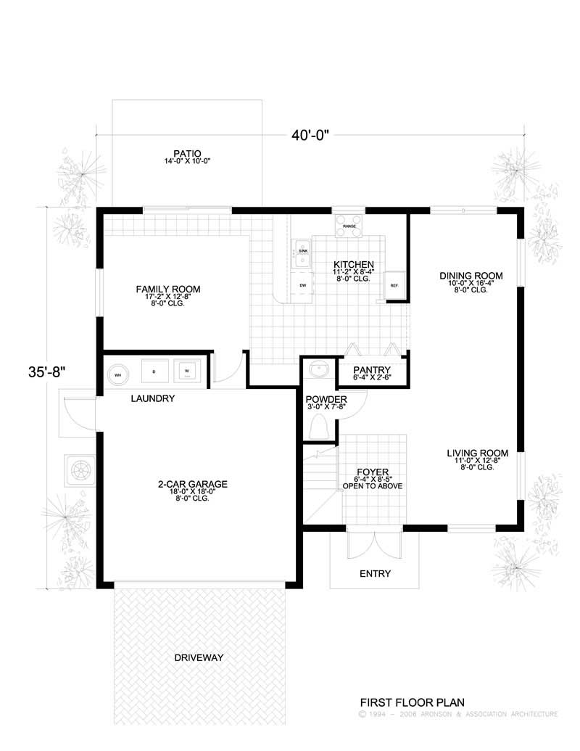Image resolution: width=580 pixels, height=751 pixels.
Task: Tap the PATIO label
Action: click(186, 153)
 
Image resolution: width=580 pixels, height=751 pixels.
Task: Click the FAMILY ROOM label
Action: click(167, 289)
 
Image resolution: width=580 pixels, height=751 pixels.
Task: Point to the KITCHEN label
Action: click(353, 264)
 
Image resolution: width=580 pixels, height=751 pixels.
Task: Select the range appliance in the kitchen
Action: click(349, 225)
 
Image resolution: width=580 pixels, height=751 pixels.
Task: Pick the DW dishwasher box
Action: click(302, 284)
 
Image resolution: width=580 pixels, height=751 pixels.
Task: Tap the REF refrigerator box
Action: click(394, 284)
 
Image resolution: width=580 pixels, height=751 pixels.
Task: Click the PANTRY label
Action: click(372, 369)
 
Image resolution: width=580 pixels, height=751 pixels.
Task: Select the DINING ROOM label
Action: click(471, 275)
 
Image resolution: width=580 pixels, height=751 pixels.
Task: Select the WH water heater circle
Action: click(117, 374)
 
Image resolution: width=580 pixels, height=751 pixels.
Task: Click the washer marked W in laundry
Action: click(186, 371)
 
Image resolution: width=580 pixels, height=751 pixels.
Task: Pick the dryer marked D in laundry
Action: click(154, 371)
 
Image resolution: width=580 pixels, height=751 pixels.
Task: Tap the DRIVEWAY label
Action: click(198, 657)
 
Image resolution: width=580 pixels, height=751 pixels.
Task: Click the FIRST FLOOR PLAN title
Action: click(412, 702)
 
